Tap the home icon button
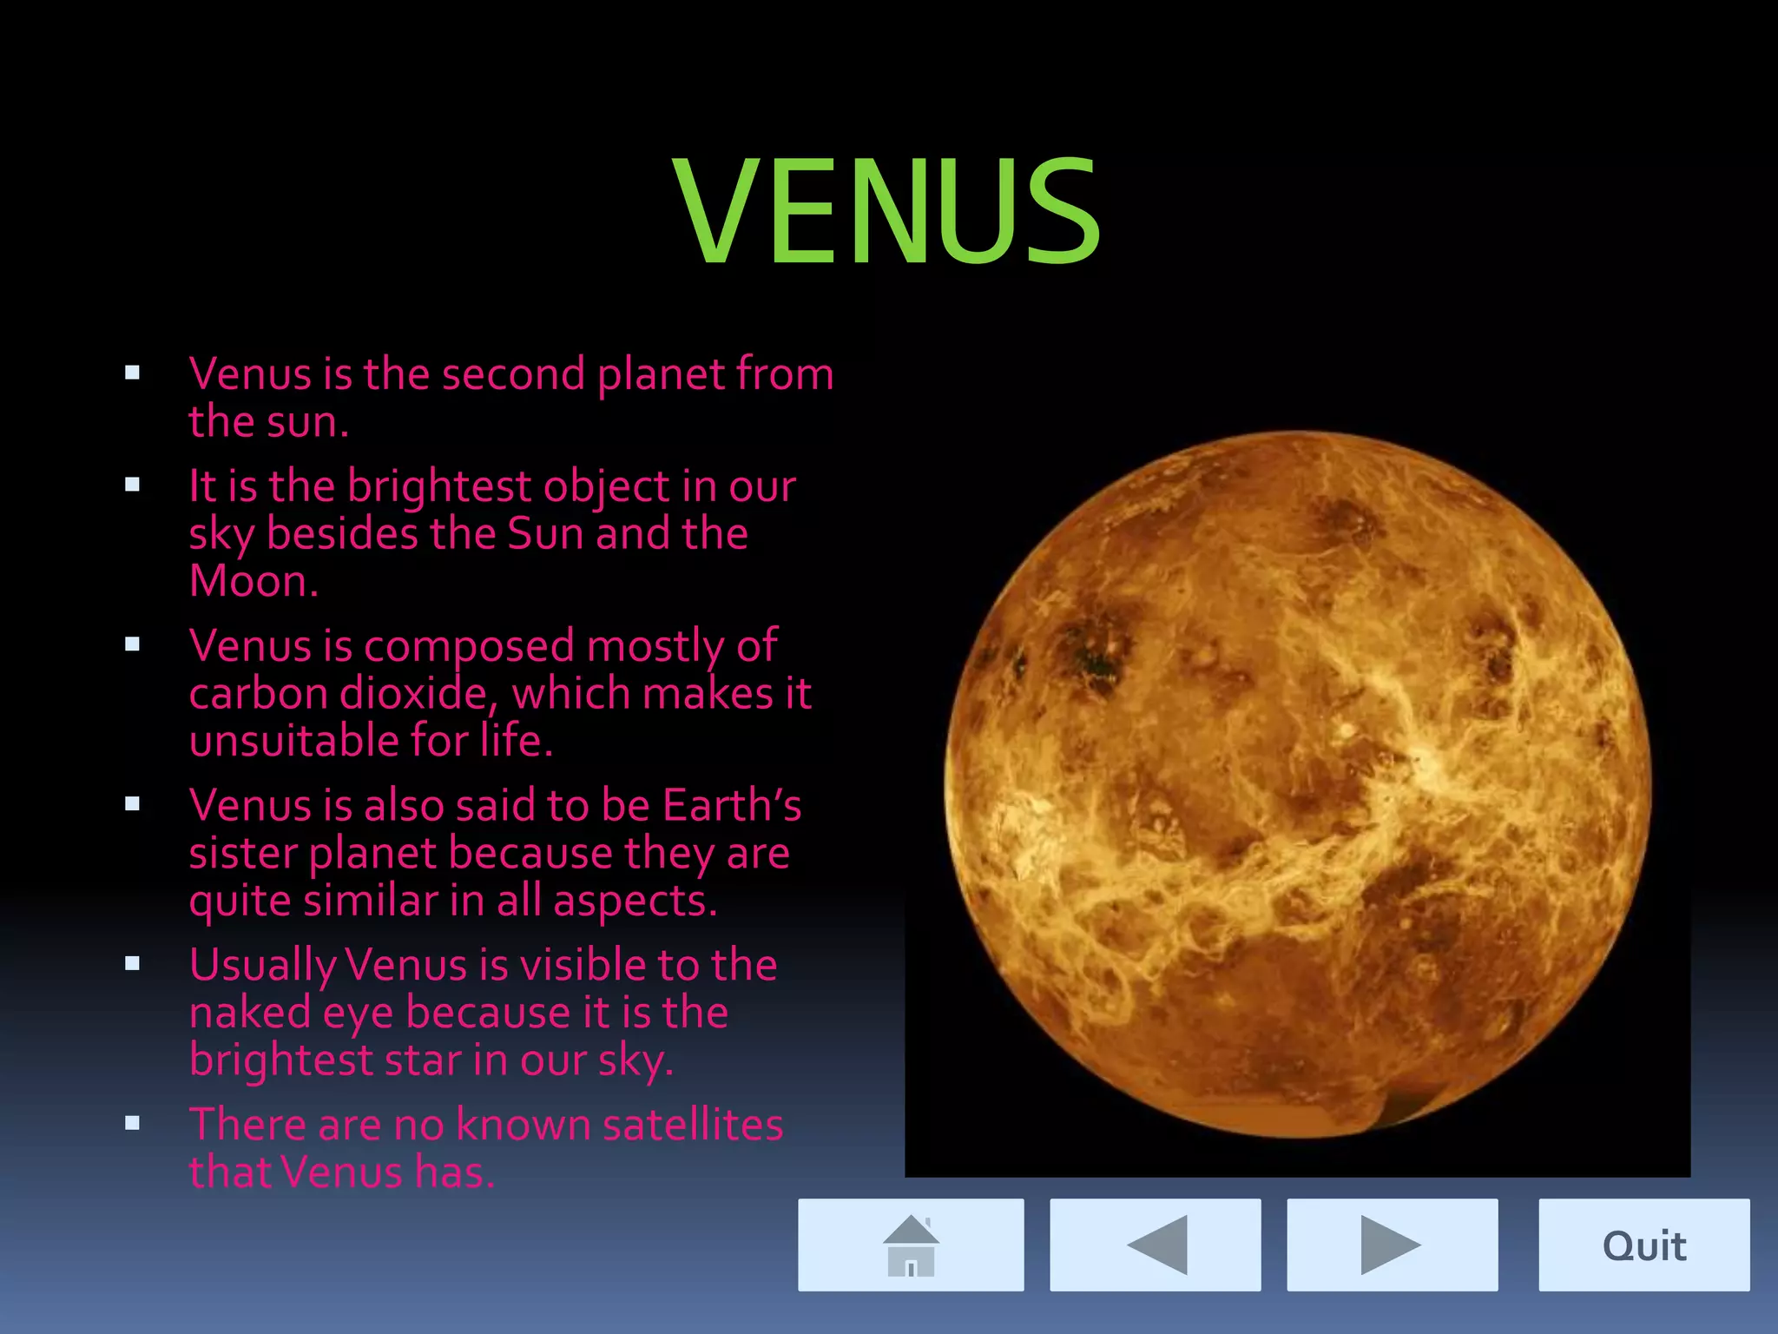coord(911,1245)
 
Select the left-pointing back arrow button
coord(1156,1245)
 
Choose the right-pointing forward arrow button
coord(1392,1245)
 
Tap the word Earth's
coord(732,805)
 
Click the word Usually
coord(263,966)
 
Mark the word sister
coord(242,853)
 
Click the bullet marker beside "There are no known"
coord(132,1123)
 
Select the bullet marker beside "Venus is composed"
coord(132,644)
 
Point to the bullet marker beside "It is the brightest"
coord(132,485)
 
